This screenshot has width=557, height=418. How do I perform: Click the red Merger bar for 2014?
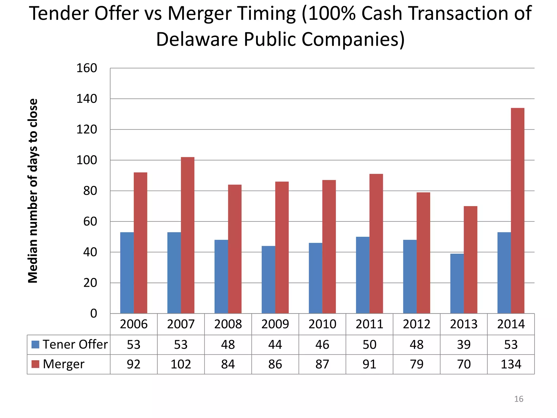517,211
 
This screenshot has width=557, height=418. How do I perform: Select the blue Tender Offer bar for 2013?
457,284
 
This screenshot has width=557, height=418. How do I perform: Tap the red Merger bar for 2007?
187,235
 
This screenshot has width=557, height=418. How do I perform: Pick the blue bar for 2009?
268,280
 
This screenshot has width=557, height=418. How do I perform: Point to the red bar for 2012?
423,253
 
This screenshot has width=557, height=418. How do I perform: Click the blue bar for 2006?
127,273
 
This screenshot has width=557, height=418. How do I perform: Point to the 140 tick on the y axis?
86,99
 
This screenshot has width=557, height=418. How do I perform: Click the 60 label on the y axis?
90,222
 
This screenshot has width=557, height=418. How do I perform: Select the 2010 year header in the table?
322,324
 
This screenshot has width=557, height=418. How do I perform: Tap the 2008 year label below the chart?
228,324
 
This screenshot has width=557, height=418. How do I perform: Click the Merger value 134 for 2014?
511,364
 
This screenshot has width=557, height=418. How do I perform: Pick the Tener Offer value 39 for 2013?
464,345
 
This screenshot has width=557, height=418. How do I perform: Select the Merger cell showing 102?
181,364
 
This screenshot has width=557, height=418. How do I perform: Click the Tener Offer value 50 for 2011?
369,345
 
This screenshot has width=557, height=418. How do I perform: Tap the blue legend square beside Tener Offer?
36,345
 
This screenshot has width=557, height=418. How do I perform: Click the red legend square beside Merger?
36,364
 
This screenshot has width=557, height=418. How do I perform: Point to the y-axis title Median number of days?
33,190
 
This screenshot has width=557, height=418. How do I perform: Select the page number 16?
518,399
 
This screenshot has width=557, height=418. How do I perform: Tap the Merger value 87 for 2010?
322,364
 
